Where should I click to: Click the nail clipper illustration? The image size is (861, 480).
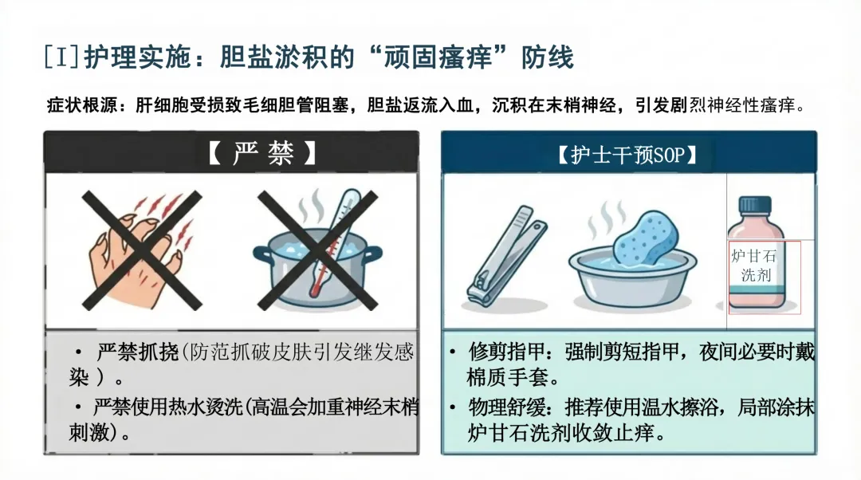tap(505, 256)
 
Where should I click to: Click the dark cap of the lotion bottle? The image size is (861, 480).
tap(755, 206)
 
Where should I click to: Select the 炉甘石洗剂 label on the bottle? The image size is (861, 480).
tap(754, 266)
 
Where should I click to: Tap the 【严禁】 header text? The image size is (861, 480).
tap(262, 152)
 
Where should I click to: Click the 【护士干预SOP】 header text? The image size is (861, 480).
tap(627, 155)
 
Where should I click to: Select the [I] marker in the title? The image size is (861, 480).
tap(61, 57)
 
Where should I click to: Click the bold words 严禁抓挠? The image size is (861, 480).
tap(138, 352)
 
